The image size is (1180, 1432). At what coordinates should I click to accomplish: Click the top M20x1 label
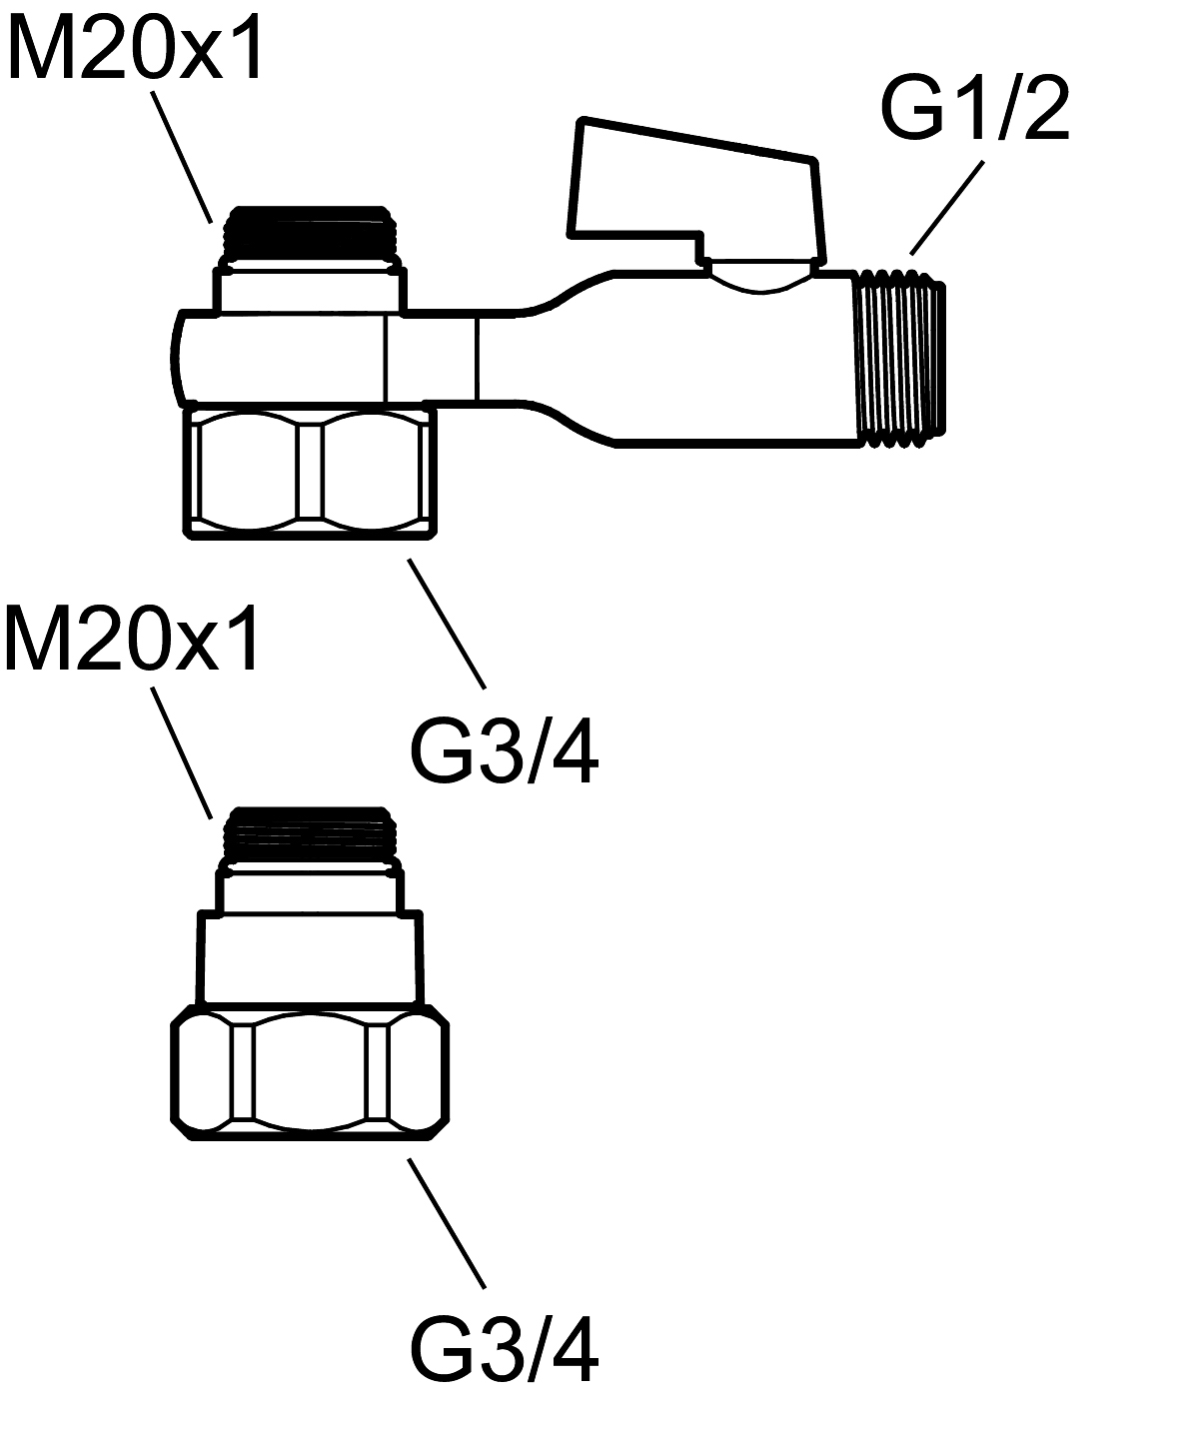click(x=135, y=48)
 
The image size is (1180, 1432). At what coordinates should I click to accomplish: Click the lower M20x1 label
click(x=132, y=637)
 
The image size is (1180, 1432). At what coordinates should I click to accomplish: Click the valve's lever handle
click(x=696, y=192)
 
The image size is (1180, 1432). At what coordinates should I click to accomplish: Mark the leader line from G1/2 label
click(x=947, y=208)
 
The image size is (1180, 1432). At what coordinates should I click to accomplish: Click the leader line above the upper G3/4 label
click(x=447, y=625)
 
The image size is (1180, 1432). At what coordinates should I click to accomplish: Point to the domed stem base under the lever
click(x=762, y=276)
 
